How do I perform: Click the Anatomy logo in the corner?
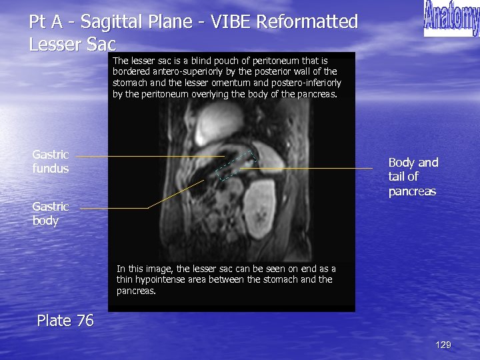pyautogui.click(x=451, y=19)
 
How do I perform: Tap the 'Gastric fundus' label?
pyautogui.click(x=51, y=162)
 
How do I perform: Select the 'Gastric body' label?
pyautogui.click(x=45, y=213)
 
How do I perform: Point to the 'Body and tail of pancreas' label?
pyautogui.click(x=413, y=177)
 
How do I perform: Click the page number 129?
pyautogui.click(x=443, y=345)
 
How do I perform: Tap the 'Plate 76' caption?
pyautogui.click(x=65, y=321)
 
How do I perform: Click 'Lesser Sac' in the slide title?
pyautogui.click(x=73, y=45)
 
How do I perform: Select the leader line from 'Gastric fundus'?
pyautogui.click(x=147, y=156)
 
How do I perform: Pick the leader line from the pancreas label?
pyautogui.click(x=313, y=169)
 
